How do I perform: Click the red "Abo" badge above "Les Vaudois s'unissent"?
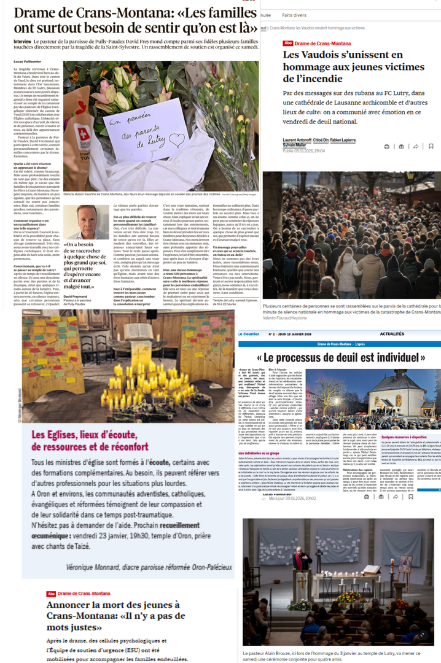coord(287,43)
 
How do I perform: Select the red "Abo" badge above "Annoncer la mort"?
coord(52,594)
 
